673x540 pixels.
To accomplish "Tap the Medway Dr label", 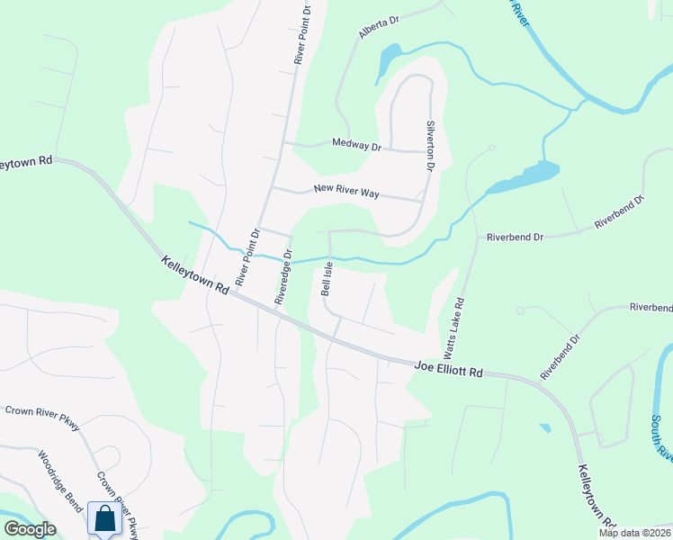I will tap(357, 143).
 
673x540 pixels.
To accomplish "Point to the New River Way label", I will tap(346, 191).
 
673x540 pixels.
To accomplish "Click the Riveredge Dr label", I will tap(285, 278).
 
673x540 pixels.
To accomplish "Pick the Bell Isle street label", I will tap(327, 280).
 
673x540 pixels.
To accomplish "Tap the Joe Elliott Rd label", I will tap(450, 369).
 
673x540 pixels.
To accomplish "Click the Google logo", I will tap(30, 529).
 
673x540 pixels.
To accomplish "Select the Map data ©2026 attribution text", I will tap(634, 533).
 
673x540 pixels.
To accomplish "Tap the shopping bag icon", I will tap(104, 519).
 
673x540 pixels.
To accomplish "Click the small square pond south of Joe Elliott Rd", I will tap(545, 427).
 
